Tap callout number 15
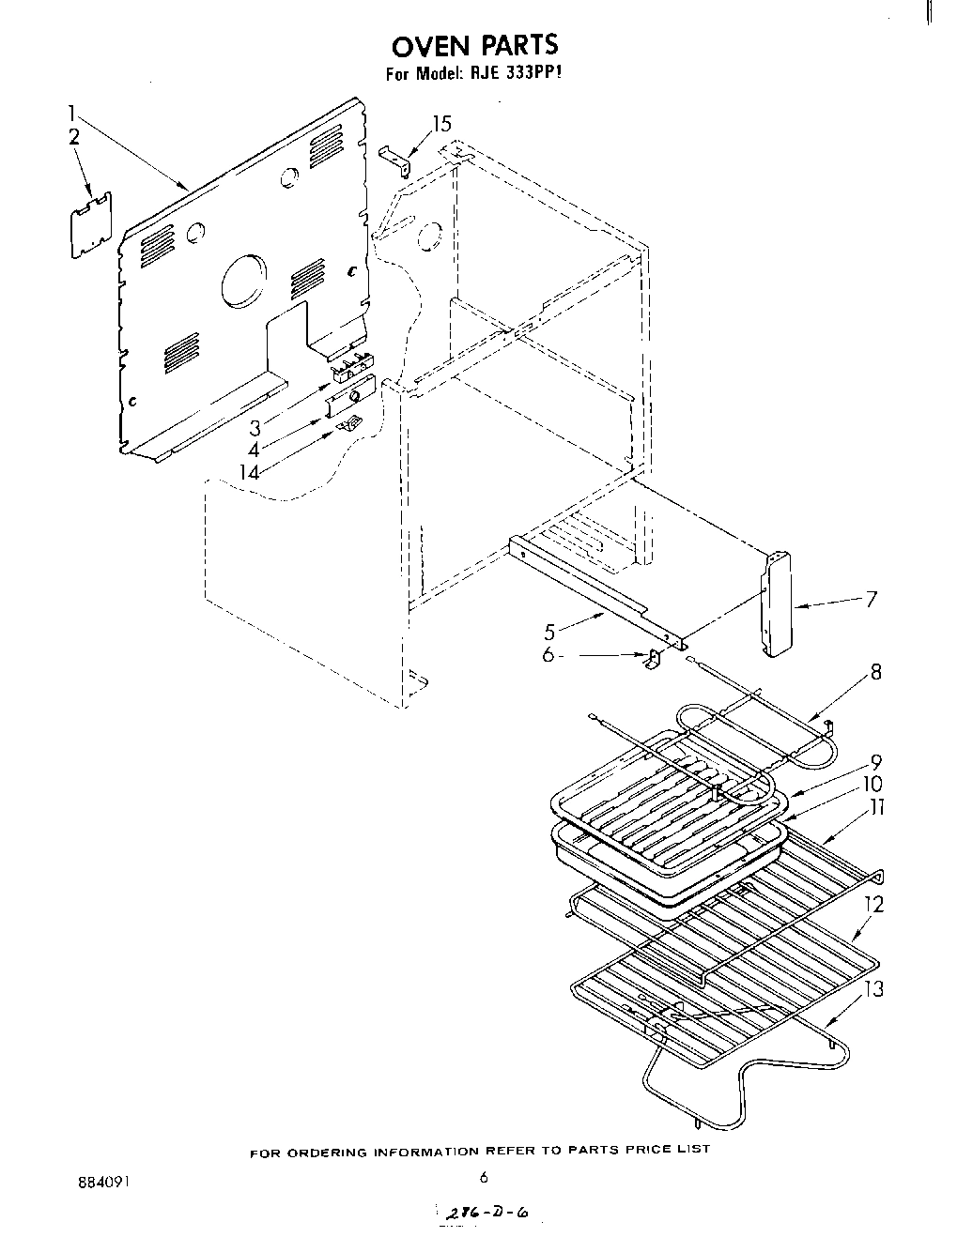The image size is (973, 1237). coord(440,123)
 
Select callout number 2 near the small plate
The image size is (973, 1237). coord(74,136)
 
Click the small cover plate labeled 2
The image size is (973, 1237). coord(91,224)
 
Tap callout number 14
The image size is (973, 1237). coord(249,471)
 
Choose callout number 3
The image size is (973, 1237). coord(255,428)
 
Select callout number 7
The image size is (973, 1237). coord(871,599)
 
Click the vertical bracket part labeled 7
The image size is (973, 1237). coord(777,604)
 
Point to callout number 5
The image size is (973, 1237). coord(550,632)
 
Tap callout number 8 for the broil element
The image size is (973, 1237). coord(875,672)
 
